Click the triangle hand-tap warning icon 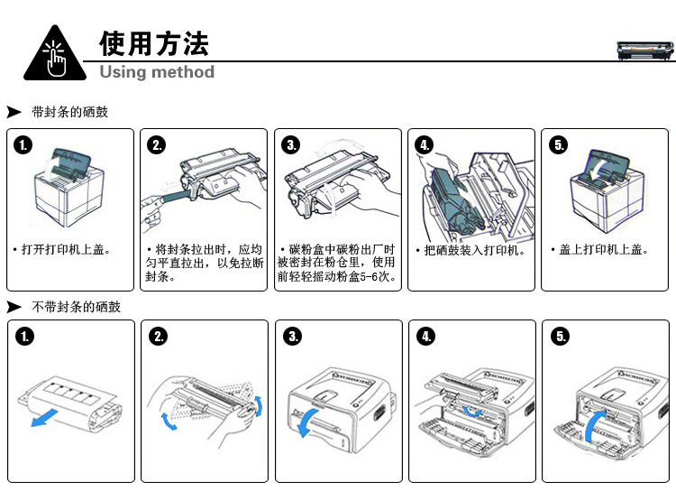55,53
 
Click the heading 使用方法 154,43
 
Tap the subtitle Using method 157,71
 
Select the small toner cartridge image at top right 644,51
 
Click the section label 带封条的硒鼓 69,112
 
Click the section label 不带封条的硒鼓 76,307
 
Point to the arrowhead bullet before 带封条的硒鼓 14,112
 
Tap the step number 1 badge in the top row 23,144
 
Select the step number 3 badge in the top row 291,144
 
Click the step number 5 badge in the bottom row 560,336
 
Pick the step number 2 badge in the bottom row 159,336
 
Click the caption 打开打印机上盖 64,250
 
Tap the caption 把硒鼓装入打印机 474,250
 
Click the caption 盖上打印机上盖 604,250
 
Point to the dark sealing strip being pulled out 176,197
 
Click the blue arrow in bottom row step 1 44,418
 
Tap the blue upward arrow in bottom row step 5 596,425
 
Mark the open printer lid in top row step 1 71,163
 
